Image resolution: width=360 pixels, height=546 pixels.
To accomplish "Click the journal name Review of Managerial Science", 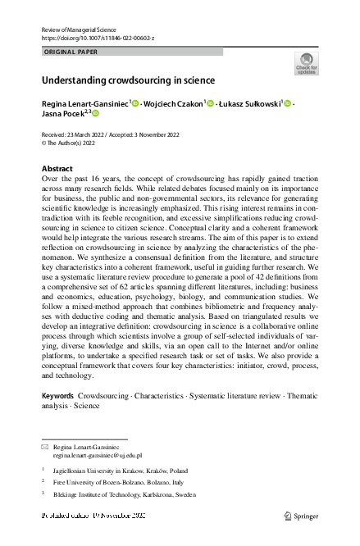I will (82, 29).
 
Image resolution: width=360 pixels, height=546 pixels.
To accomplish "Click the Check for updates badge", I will (306, 64).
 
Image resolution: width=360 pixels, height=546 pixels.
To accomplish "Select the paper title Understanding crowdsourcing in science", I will (128, 80).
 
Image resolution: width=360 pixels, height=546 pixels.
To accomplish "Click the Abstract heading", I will (57, 168).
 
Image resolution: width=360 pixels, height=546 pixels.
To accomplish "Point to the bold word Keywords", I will (59, 395).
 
